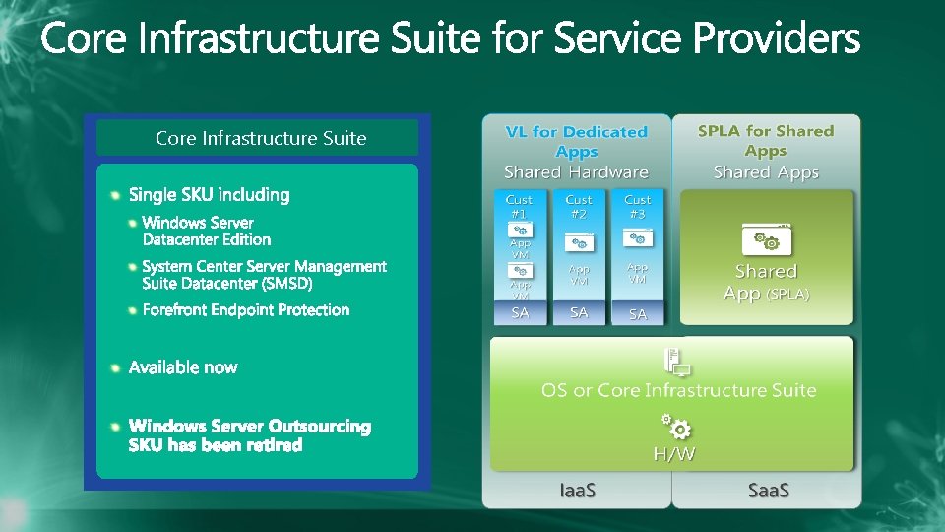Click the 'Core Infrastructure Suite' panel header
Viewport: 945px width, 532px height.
click(260, 138)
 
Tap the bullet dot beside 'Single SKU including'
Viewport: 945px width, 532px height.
click(117, 194)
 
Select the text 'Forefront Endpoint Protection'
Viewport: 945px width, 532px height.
click(245, 310)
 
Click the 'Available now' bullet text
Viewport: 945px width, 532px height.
click(183, 367)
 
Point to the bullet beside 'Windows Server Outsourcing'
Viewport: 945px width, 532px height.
click(115, 427)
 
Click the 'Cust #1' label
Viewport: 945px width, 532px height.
click(519, 206)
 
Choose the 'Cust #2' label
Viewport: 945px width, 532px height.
click(579, 206)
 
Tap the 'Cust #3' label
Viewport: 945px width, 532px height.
click(638, 206)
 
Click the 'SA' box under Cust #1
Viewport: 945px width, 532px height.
click(519, 313)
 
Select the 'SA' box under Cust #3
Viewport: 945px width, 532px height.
click(638, 314)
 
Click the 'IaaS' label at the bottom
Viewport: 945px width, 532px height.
click(578, 490)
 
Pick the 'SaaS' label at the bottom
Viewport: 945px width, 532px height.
click(769, 490)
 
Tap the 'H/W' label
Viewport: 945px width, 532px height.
click(674, 454)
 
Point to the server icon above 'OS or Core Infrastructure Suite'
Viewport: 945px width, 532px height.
click(677, 363)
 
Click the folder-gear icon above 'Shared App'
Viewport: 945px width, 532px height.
click(766, 239)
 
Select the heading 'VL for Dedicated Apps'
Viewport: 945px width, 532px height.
click(576, 142)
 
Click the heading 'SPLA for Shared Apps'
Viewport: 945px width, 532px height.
click(765, 140)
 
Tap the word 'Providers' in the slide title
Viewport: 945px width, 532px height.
click(777, 40)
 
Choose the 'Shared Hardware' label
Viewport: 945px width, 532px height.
click(576, 172)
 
